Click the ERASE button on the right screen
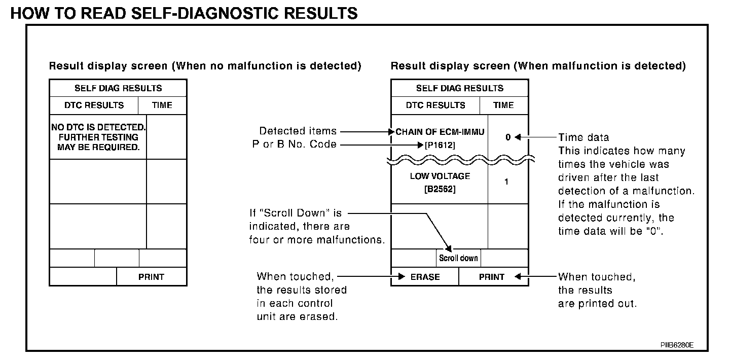(425, 277)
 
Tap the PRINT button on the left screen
(151, 277)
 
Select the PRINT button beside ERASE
(492, 277)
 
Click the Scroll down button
(458, 258)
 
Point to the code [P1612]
(440, 146)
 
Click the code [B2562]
(440, 190)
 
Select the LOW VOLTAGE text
(440, 176)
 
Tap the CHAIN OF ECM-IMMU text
(440, 132)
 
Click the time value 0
(507, 137)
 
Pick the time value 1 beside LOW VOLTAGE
(506, 182)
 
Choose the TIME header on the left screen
(162, 105)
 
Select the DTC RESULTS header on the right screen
(435, 105)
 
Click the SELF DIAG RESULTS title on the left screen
(118, 88)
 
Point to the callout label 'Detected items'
(298, 131)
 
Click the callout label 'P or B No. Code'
(294, 145)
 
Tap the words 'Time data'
(583, 137)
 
